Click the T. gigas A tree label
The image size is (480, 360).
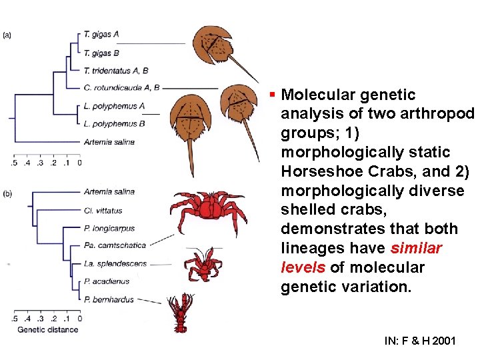point(101,33)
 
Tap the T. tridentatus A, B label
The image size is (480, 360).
point(116,69)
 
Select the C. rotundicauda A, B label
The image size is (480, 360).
point(121,87)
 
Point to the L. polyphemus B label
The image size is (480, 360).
point(114,123)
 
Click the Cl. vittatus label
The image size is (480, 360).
point(103,211)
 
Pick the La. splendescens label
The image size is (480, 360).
point(115,264)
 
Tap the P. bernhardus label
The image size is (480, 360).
point(109,300)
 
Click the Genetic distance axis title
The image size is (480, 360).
point(47,330)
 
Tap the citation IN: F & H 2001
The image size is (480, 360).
point(420,341)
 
